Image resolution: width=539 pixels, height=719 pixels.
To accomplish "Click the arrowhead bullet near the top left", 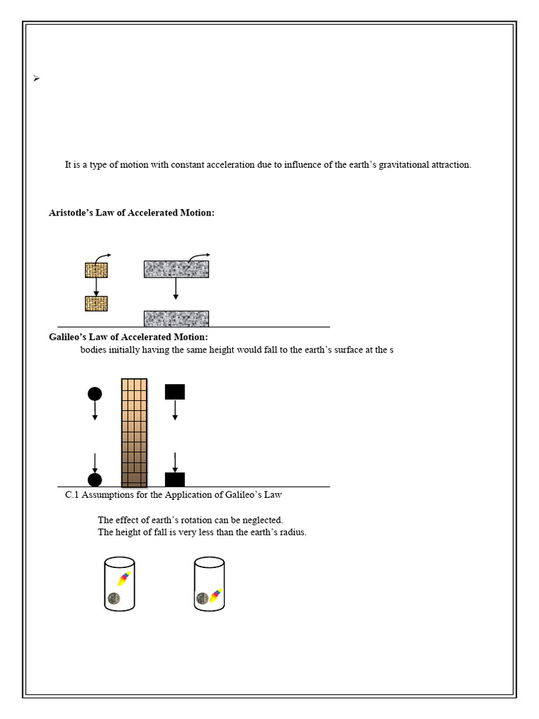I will point(36,79).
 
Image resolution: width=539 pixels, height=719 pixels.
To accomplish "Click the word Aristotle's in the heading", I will point(74,213).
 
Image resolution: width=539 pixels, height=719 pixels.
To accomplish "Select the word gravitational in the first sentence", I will point(408,165).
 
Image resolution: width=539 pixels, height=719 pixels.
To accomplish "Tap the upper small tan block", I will point(96,270).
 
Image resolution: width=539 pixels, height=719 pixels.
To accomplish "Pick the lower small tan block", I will point(96,303).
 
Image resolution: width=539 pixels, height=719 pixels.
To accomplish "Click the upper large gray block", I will point(176,269).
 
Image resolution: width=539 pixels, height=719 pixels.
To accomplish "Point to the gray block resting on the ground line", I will point(176,319).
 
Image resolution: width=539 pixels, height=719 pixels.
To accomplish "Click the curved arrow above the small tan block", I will point(102,257).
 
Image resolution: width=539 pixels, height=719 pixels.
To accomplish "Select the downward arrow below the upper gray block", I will point(176,289).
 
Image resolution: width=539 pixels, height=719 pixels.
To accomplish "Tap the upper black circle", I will point(95,393).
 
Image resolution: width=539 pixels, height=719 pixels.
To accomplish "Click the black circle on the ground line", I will point(95,480).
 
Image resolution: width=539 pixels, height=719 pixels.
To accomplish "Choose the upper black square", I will point(175,392).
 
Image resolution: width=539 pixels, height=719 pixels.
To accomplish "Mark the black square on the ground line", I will point(175,480).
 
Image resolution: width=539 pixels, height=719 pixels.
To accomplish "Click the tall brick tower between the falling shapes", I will point(134,433).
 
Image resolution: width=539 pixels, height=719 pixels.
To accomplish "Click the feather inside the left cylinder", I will point(124,579).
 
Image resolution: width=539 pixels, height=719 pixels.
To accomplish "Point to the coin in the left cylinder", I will point(114,598).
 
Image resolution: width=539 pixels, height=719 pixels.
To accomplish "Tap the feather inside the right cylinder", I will point(216,596).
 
